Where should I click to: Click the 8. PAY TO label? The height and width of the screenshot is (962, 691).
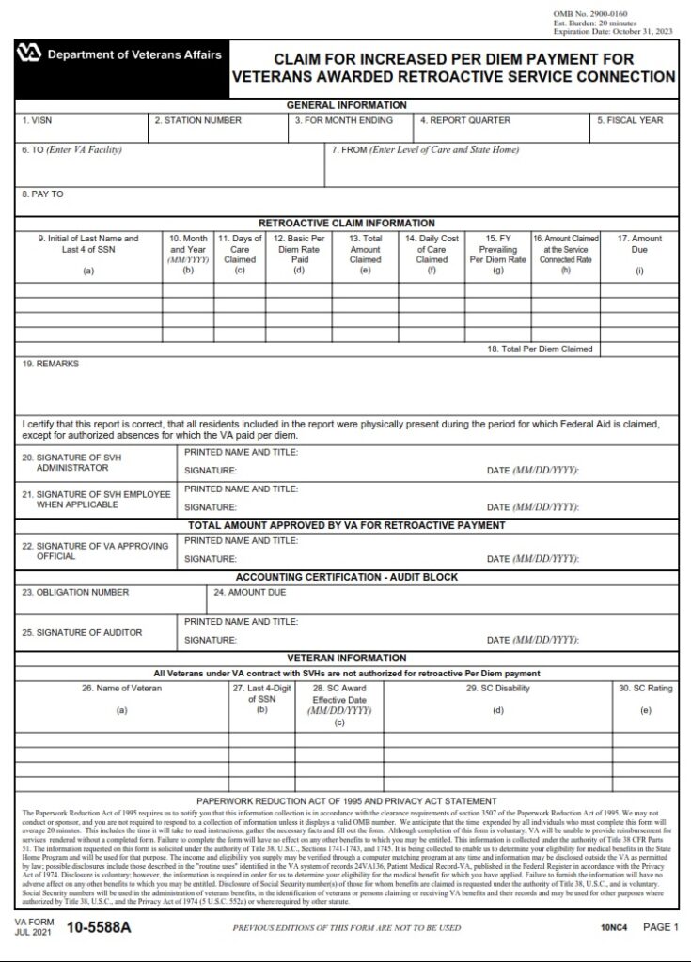coord(43,194)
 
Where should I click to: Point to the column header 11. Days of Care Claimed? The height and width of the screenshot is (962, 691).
coord(240,250)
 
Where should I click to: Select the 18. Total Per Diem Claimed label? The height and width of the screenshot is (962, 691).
coord(539,349)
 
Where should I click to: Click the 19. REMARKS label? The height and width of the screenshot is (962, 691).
coord(51,364)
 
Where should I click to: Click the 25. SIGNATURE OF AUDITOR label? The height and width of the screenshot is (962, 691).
coord(82,631)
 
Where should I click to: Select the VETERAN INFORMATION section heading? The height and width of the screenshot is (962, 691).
coord(346,659)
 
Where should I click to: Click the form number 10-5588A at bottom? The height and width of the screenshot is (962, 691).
coord(100,928)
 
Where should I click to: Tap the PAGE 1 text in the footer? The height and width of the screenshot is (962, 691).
coord(660,927)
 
